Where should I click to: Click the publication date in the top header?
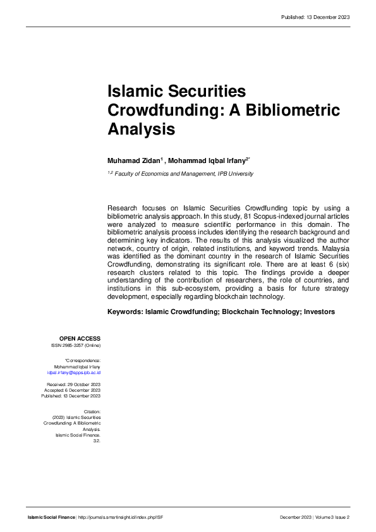[315, 16]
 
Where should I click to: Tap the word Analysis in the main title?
[140, 130]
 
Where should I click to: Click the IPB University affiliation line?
[183, 174]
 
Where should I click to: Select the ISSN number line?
[75, 346]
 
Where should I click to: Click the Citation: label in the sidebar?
[92, 411]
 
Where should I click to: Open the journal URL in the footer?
[121, 517]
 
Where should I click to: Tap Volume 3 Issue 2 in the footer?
[332, 517]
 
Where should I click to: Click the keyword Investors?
[319, 312]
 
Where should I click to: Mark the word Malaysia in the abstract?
[332, 249]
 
